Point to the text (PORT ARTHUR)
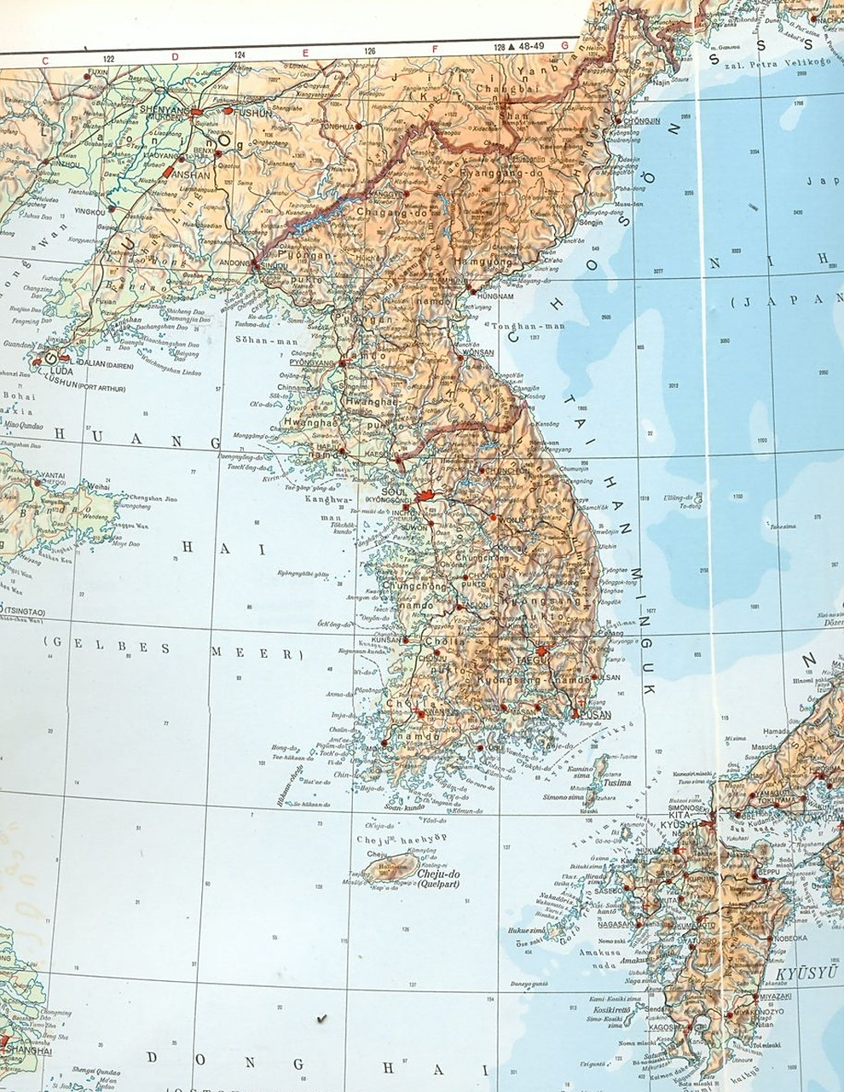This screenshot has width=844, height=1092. click(x=100, y=389)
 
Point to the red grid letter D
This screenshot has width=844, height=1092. click(x=176, y=57)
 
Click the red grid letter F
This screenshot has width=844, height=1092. click(x=434, y=49)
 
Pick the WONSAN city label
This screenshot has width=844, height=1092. click(x=478, y=351)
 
